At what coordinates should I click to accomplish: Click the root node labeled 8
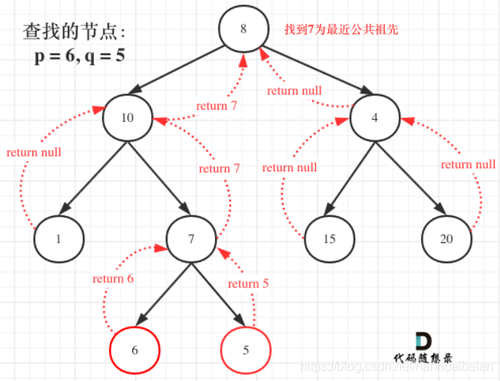[243, 29]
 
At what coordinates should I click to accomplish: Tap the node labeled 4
[375, 116]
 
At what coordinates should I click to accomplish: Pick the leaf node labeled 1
[58, 238]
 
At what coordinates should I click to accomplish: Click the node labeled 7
[192, 238]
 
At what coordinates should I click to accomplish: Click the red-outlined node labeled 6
[134, 349]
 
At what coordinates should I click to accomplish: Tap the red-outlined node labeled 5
[246, 348]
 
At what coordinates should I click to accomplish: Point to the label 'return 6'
[113, 278]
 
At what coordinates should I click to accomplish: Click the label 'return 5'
[248, 284]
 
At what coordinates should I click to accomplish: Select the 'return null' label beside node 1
[33, 151]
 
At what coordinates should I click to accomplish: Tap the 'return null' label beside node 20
[467, 164]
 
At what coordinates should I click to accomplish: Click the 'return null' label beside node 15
[289, 167]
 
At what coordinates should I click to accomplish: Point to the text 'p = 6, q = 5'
[79, 57]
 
